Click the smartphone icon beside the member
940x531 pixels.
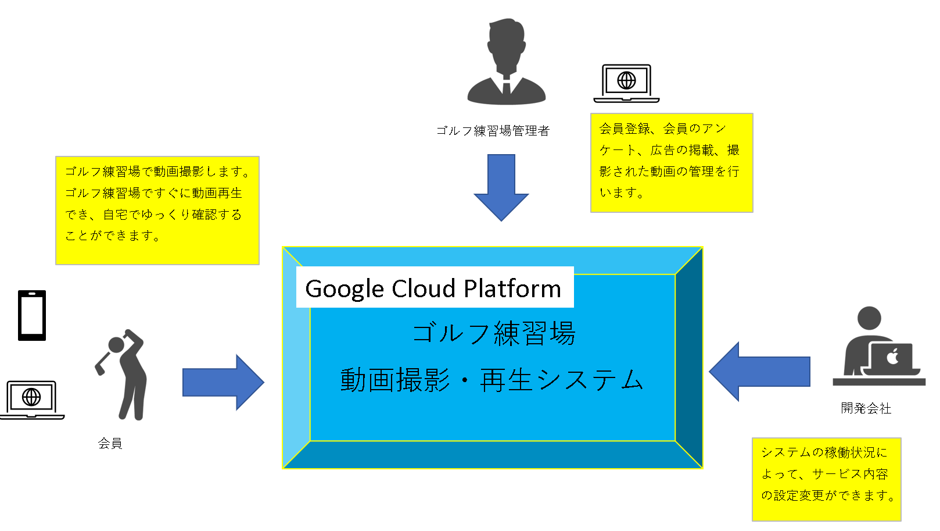(x=32, y=315)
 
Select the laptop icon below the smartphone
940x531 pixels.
(x=32, y=400)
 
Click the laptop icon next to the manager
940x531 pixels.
(x=626, y=83)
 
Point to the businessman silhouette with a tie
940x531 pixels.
(x=507, y=61)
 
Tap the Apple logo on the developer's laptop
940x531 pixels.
(x=892, y=357)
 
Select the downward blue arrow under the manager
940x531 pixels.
(x=501, y=187)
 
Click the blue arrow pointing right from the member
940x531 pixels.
(x=223, y=382)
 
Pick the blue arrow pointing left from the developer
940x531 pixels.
(x=759, y=372)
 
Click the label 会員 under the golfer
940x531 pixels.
(x=110, y=443)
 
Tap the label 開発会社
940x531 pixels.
(x=866, y=408)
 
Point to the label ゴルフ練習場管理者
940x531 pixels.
(x=493, y=131)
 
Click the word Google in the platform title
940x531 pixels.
(x=345, y=289)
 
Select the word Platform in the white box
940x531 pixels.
(x=512, y=288)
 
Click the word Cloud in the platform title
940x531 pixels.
(x=424, y=288)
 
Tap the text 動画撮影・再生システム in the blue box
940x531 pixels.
(x=491, y=380)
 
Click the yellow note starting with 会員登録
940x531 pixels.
(x=672, y=163)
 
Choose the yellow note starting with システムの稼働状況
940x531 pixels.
(x=826, y=479)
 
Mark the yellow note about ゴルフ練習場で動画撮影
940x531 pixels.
(x=157, y=211)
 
